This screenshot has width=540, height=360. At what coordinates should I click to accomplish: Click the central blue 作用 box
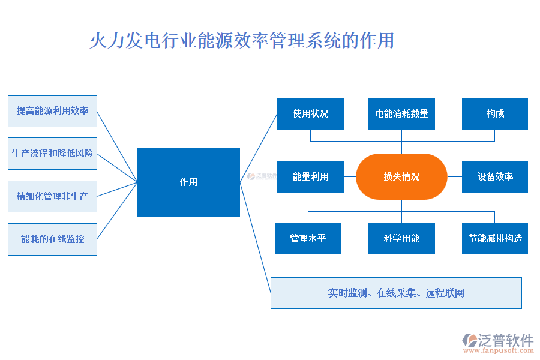pyautogui.click(x=188, y=182)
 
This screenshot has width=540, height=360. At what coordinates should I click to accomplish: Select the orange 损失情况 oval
pyautogui.click(x=401, y=176)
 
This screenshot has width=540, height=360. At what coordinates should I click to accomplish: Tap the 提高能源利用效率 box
pyautogui.click(x=52, y=111)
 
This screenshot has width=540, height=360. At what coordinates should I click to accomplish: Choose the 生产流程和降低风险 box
pyautogui.click(x=52, y=154)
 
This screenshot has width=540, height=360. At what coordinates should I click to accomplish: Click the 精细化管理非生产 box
pyautogui.click(x=52, y=196)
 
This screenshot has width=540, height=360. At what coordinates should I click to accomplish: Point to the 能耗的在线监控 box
pyautogui.click(x=52, y=239)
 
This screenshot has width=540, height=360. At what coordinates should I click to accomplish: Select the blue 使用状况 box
pyautogui.click(x=310, y=114)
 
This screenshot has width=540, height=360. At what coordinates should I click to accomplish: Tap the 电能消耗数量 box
pyautogui.click(x=401, y=114)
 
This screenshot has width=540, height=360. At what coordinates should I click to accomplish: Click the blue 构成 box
pyautogui.click(x=495, y=114)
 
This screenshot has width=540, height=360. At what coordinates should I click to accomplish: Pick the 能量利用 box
pyautogui.click(x=310, y=177)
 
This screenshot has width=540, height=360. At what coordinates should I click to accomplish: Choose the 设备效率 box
pyautogui.click(x=495, y=177)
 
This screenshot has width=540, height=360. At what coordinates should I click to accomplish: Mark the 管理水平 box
pyautogui.click(x=308, y=239)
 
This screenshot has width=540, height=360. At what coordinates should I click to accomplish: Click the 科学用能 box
pyautogui.click(x=401, y=239)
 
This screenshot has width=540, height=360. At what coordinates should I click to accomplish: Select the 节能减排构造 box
pyautogui.click(x=495, y=239)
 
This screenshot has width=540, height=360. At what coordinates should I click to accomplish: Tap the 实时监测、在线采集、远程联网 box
pyautogui.click(x=396, y=293)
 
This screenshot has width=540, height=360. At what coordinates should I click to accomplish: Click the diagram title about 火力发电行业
pyautogui.click(x=241, y=41)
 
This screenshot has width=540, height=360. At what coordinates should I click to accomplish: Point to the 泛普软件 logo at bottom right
pyautogui.click(x=498, y=340)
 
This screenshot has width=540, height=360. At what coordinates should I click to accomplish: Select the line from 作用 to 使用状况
pyautogui.click(x=259, y=148)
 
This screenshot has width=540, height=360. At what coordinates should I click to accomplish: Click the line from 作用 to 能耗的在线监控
pyautogui.click(x=117, y=211)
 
